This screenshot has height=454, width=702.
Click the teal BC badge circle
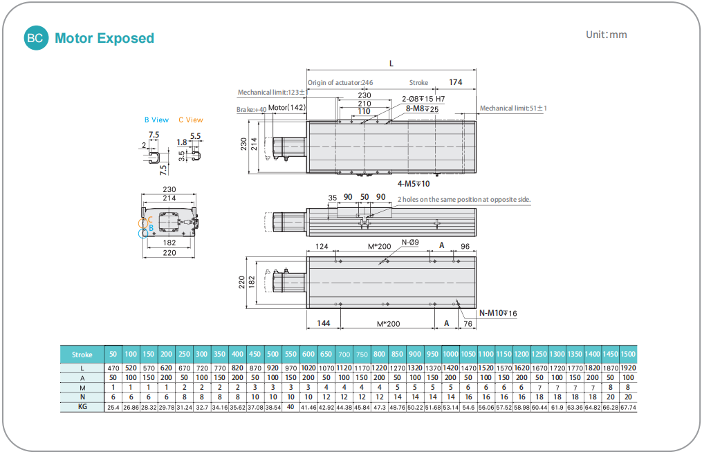35,38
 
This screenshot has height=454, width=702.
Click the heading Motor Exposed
104,38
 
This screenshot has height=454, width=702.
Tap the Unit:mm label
606,35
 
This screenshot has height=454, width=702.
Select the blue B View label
156,120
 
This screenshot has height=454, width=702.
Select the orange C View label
191,120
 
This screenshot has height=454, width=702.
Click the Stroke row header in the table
82,354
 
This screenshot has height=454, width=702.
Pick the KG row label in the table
82,408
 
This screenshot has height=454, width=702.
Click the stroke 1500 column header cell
628,354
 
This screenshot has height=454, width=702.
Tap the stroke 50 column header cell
113,354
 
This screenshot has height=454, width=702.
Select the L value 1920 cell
628,368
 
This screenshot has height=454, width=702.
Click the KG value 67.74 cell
628,408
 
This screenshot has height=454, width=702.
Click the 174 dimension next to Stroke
455,82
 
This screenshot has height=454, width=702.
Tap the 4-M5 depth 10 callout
414,184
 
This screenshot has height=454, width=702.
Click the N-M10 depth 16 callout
498,313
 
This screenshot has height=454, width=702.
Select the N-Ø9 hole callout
410,243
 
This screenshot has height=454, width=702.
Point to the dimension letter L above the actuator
391,64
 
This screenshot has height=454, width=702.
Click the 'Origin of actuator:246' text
340,83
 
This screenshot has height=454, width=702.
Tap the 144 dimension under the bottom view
323,323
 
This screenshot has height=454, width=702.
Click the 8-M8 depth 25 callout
422,109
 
